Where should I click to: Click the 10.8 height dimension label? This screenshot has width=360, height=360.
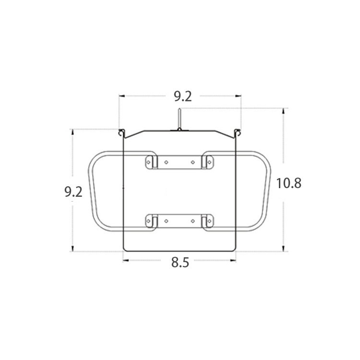pos(288,183)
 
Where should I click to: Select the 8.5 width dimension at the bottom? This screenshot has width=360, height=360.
pos(180,262)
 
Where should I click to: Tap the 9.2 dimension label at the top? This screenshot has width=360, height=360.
pos(182,96)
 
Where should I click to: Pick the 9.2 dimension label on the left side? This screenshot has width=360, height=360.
pos(73,192)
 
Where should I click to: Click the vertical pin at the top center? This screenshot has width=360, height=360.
pos(180,119)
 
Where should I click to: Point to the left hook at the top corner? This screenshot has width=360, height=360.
pos(121,133)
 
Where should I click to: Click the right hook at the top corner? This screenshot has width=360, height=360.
pos(238,133)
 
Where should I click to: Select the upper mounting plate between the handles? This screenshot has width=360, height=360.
pos(180,162)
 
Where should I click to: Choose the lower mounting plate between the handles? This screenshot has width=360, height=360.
pos(180,221)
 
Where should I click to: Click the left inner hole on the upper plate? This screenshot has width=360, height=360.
pos(166,162)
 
